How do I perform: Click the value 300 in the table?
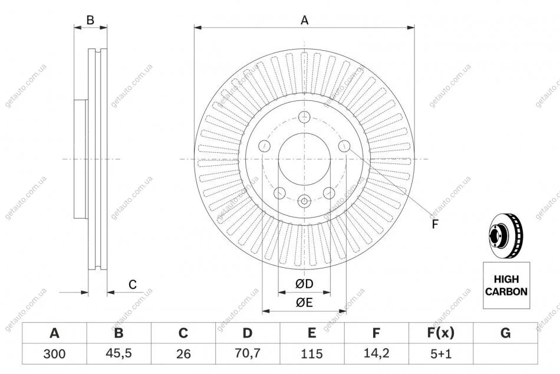[x=54, y=355]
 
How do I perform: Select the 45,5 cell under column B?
[x=118, y=355]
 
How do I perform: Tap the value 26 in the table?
[x=183, y=355]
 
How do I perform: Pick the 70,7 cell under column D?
[x=248, y=355]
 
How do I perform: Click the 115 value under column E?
[x=312, y=355]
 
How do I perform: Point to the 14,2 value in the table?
[x=376, y=355]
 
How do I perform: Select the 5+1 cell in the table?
[x=440, y=355]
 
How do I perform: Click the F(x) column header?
[x=440, y=334]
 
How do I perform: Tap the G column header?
[x=505, y=334]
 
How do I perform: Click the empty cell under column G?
[x=505, y=355]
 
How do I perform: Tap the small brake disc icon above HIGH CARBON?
[x=506, y=238]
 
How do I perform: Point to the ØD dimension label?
[x=304, y=285]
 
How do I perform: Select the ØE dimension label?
[x=304, y=303]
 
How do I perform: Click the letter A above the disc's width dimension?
[x=305, y=20]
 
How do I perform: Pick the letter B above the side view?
[x=90, y=20]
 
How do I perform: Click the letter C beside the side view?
[x=133, y=285]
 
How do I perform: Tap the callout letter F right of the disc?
[x=435, y=224]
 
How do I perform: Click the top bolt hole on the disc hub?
[x=304, y=116]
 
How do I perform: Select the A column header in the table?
[x=54, y=334]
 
